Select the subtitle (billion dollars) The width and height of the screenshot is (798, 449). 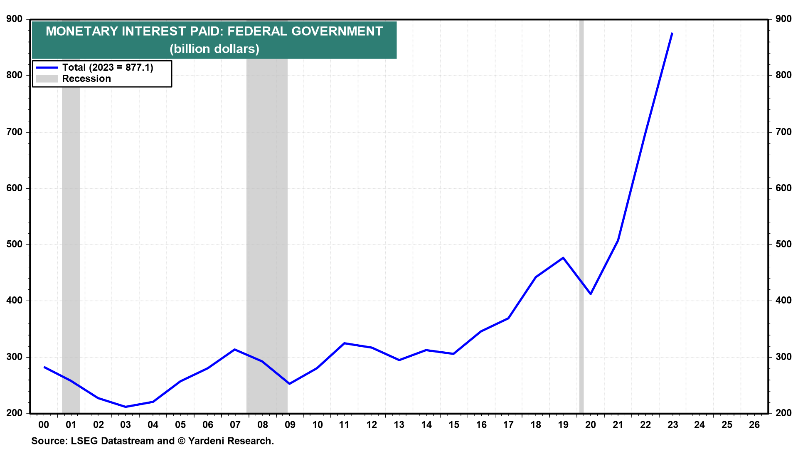point(214,49)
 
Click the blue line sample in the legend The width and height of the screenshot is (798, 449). point(47,67)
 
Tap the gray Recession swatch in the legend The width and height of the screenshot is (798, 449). point(47,79)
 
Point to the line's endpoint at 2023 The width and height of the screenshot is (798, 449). point(672,33)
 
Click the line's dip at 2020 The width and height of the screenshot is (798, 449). point(591,294)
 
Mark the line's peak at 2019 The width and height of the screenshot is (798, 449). point(563,258)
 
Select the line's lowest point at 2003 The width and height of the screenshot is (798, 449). point(126,407)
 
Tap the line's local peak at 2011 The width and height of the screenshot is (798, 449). point(344,343)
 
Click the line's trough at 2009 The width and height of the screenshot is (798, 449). point(289,384)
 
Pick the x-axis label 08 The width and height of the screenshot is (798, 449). point(262,425)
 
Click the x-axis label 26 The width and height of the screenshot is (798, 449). point(754,425)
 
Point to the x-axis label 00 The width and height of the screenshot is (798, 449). point(44,425)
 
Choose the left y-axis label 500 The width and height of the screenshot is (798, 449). point(15,244)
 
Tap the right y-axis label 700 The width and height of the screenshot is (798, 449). point(783,132)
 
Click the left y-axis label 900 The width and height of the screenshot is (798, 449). point(15,19)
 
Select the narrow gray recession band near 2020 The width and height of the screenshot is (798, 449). point(581,208)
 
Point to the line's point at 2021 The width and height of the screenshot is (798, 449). point(618,240)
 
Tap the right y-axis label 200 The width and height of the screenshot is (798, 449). point(783,413)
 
